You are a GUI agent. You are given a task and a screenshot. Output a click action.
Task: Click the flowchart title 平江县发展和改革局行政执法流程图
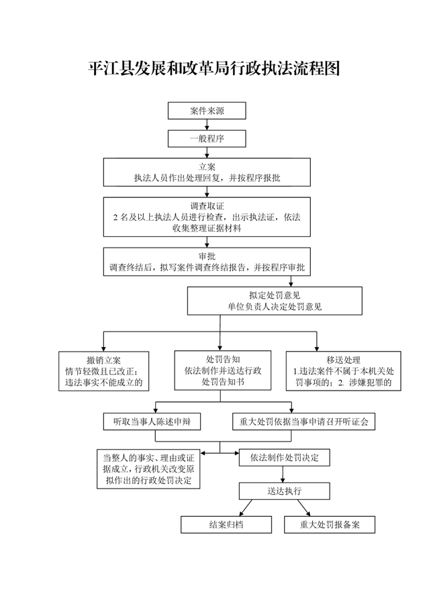(x=213, y=68)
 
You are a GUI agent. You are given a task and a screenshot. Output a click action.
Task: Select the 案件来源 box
(x=207, y=111)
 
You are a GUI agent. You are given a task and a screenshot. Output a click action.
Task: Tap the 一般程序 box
(x=207, y=139)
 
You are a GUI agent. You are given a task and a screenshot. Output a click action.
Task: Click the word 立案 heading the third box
(x=207, y=166)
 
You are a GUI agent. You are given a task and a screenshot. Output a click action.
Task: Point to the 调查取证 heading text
(x=207, y=206)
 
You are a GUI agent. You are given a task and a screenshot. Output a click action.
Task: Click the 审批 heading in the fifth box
(x=207, y=256)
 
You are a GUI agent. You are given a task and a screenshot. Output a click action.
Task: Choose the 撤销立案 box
(x=103, y=370)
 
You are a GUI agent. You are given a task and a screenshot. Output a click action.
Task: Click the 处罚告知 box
(x=222, y=370)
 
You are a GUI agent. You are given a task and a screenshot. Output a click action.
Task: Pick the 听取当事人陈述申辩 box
(x=152, y=421)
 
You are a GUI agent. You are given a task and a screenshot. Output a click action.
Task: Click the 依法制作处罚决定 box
(x=284, y=458)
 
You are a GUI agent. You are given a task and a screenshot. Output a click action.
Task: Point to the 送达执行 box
(x=284, y=491)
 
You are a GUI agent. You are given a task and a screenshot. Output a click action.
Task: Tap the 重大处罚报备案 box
(x=329, y=525)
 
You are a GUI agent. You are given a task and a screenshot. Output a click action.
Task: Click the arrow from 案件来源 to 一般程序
(x=207, y=125)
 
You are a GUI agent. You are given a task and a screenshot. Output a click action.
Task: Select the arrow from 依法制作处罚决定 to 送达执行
(x=284, y=474)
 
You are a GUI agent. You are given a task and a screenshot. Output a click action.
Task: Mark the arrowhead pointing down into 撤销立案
(x=103, y=347)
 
